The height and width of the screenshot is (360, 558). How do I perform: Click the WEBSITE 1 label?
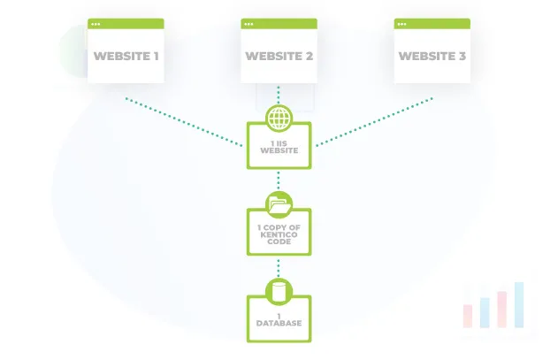coord(126,57)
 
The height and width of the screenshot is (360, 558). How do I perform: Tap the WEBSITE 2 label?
coord(279,57)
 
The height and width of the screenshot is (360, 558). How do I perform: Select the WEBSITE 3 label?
coord(432,57)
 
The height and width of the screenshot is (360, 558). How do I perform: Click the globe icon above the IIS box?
coord(279,119)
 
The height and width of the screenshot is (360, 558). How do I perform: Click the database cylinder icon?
coord(279,290)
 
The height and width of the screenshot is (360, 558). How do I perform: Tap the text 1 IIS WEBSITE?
coord(279,147)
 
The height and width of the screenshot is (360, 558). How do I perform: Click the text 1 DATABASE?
coord(279,319)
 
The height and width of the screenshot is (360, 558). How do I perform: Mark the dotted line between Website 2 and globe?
coord(279,95)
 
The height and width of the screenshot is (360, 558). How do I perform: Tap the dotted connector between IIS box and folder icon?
coord(279,180)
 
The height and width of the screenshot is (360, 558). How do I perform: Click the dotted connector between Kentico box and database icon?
coord(279,266)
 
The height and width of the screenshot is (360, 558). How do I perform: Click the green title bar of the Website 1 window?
coord(126,22)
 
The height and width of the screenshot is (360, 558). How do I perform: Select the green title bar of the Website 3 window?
coord(432,22)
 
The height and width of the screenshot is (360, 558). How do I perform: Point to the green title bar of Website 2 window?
coord(279,22)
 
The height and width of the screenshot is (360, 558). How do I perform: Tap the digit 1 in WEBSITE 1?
coord(155,57)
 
